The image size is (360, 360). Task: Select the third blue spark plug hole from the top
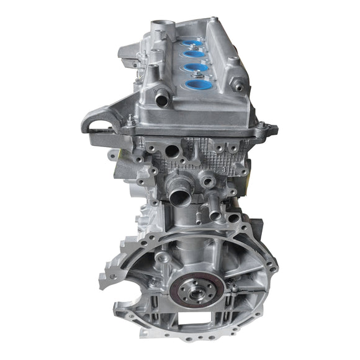[195, 68]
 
